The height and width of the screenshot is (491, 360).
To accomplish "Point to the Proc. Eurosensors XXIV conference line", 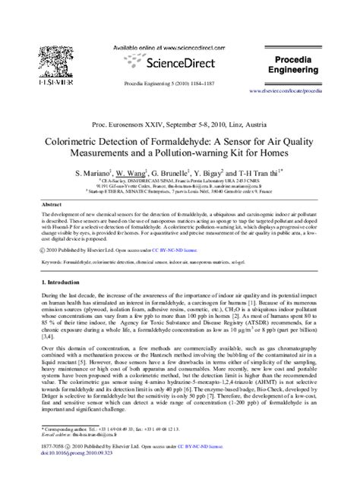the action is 179,121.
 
